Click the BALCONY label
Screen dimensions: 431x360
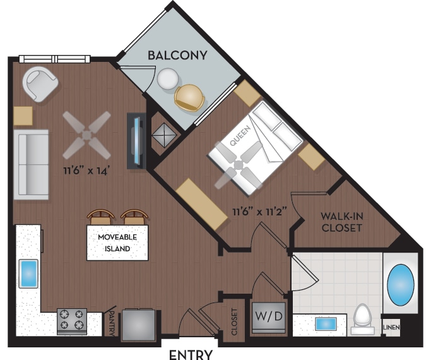pyautogui.click(x=177, y=56)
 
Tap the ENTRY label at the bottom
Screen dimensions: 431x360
pyautogui.click(x=191, y=354)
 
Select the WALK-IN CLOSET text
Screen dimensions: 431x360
pyautogui.click(x=341, y=222)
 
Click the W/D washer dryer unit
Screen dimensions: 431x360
pyautogui.click(x=269, y=318)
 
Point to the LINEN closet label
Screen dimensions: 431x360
pyautogui.click(x=391, y=327)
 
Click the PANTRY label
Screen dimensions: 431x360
pyautogui.click(x=112, y=323)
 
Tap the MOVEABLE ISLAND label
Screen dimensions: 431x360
pyautogui.click(x=117, y=243)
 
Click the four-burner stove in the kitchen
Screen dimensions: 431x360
pyautogui.click(x=72, y=321)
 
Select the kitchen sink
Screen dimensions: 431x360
pyautogui.click(x=28, y=273)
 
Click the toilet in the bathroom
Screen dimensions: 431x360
pyautogui.click(x=362, y=319)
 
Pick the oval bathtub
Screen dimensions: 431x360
pyautogui.click(x=401, y=285)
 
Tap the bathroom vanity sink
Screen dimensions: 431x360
pyautogui.click(x=326, y=324)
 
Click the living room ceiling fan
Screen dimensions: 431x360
pyautogui.click(x=87, y=135)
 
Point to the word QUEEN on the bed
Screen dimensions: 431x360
pyautogui.click(x=240, y=135)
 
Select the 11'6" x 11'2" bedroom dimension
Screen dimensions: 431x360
pyautogui.click(x=260, y=212)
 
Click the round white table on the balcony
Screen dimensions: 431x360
pyautogui.click(x=168, y=78)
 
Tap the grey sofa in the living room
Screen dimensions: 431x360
pyautogui.click(x=31, y=164)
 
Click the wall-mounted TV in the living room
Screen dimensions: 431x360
pyautogui.click(x=136, y=141)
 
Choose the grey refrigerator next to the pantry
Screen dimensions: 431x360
pyautogui.click(x=138, y=325)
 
